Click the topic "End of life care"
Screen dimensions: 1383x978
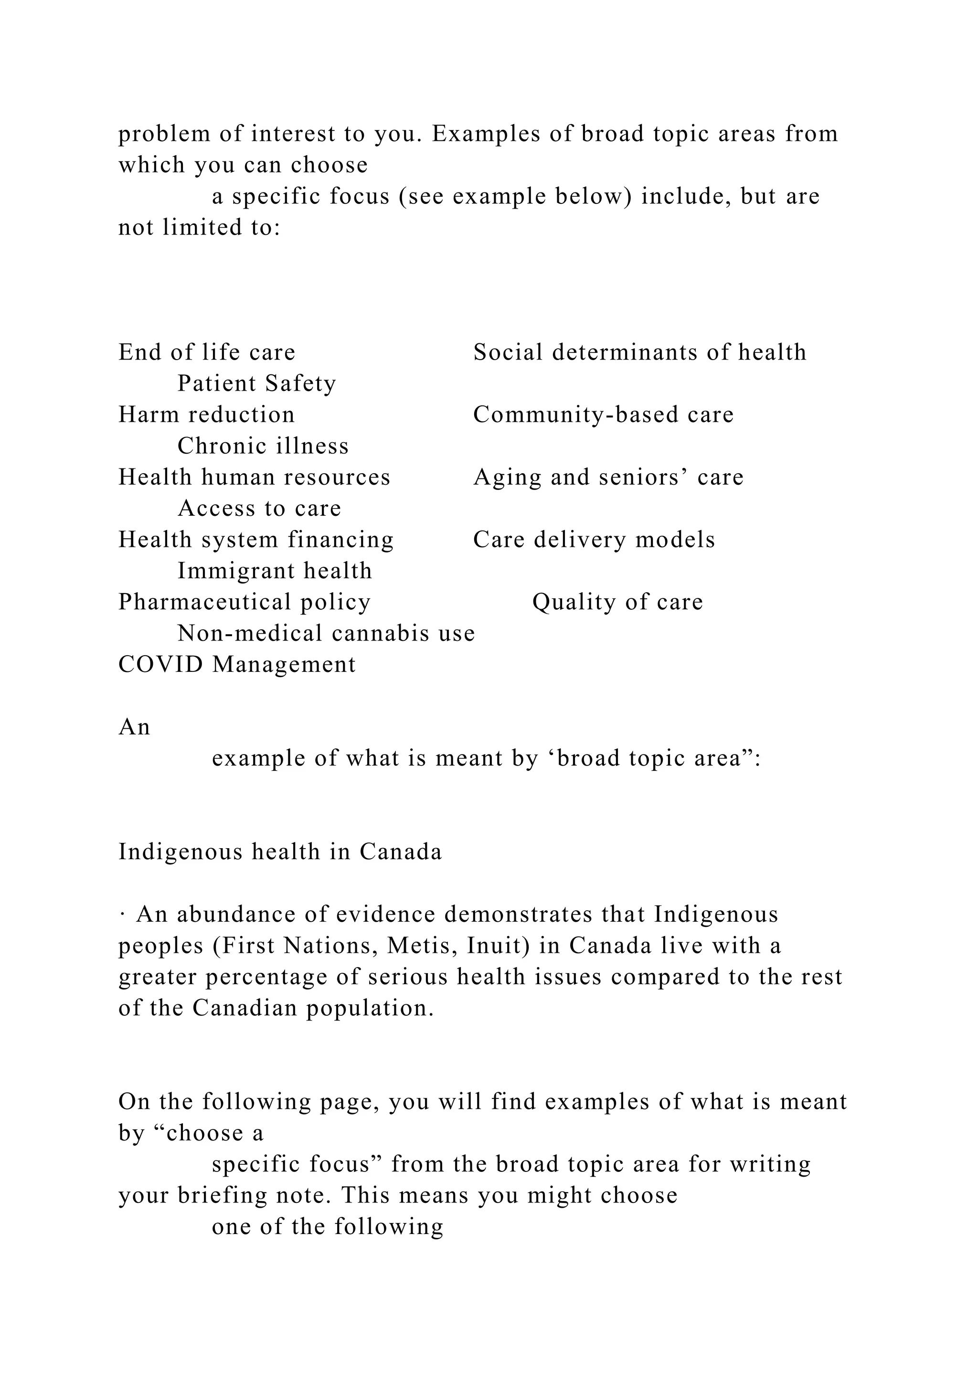(x=207, y=352)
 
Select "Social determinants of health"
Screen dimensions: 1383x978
(x=639, y=352)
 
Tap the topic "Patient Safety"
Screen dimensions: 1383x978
(x=256, y=383)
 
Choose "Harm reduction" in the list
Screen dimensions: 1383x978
(x=207, y=415)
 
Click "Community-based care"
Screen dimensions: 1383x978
(x=604, y=415)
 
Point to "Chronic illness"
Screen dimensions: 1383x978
(x=263, y=447)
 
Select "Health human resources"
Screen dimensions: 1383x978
(x=254, y=478)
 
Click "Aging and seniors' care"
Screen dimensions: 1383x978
(x=608, y=478)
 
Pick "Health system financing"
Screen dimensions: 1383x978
(x=256, y=540)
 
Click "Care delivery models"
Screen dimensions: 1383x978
(x=594, y=540)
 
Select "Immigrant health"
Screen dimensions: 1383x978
(x=275, y=571)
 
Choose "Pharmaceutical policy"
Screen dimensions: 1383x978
(x=244, y=602)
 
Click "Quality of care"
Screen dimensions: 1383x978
(x=617, y=602)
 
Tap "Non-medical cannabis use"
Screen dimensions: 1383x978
(x=326, y=634)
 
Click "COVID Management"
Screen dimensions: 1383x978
(x=237, y=665)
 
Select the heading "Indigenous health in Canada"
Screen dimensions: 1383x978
(x=280, y=852)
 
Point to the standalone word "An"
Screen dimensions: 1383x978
(x=134, y=728)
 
